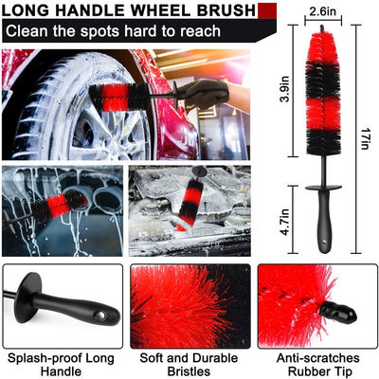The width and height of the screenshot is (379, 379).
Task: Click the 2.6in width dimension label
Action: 322,12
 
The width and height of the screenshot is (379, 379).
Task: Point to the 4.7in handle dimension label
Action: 286,221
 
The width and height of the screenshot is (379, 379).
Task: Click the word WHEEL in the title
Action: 159,10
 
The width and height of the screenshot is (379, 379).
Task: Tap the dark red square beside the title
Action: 267,11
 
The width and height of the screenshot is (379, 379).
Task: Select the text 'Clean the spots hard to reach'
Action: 113,31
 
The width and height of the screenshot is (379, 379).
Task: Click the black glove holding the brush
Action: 205,94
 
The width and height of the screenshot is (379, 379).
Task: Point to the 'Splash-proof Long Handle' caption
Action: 61,364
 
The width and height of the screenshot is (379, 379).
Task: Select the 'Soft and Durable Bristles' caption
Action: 189,364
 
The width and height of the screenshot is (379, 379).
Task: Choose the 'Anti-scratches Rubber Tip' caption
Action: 318,364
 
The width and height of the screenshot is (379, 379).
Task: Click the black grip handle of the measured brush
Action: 324,221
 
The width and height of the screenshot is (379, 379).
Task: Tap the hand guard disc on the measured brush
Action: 324,188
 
